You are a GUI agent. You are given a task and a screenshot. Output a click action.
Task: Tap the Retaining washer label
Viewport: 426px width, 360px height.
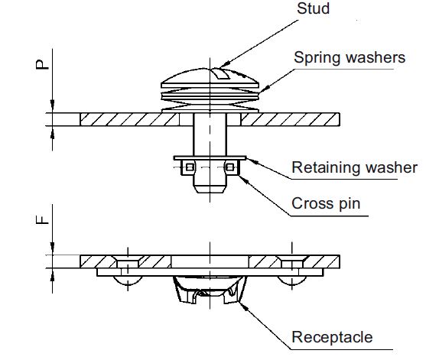[355, 167]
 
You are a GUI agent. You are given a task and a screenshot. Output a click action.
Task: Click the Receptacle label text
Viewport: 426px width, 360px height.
[333, 337]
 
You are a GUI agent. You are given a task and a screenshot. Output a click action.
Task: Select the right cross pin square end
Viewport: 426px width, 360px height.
[229, 168]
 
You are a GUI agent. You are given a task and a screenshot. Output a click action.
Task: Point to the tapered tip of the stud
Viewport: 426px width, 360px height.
[209, 186]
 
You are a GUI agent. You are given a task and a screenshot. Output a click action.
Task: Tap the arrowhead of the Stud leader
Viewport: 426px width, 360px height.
[220, 66]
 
